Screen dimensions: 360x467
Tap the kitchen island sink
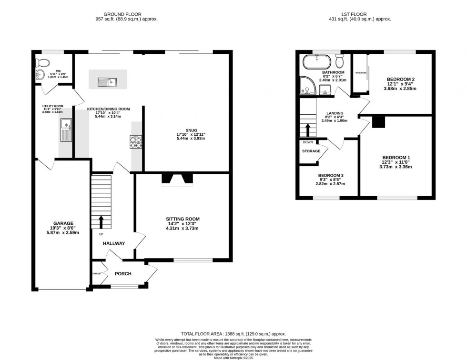(108, 82)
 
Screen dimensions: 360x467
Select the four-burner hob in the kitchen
(136, 142)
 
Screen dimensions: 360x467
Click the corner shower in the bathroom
(306, 86)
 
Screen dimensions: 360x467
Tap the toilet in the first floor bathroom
(340, 61)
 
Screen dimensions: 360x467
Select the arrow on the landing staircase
(308, 130)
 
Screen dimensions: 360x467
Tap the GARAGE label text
(63, 223)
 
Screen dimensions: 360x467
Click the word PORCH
(123, 274)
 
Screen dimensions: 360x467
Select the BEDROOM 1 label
(396, 158)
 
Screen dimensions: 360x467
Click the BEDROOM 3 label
(331, 176)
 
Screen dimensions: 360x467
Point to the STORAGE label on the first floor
(311, 151)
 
